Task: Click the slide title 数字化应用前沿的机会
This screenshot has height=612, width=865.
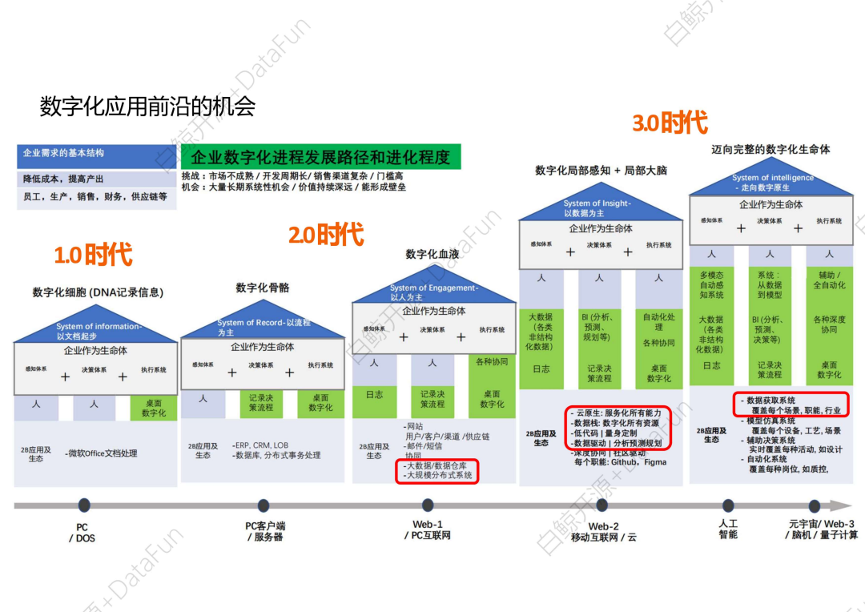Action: click(147, 107)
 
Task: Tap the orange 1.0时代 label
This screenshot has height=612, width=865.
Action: click(93, 255)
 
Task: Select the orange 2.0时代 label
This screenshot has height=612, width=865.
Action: click(326, 236)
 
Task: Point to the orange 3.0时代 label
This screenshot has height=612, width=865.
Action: click(670, 123)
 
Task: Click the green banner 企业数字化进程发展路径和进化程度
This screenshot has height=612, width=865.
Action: click(320, 157)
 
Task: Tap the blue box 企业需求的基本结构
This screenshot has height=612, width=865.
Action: click(97, 155)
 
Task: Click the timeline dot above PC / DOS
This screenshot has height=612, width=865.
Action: click(84, 505)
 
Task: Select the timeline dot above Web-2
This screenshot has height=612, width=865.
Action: click(602, 505)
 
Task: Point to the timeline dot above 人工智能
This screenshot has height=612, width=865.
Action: click(728, 505)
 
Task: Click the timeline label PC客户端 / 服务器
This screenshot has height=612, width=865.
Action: click(264, 531)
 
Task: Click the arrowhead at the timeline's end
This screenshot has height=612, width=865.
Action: click(841, 505)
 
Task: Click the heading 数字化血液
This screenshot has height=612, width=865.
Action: click(432, 255)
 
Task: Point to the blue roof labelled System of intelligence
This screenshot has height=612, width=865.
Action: click(771, 183)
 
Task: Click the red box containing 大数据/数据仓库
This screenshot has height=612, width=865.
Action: click(437, 470)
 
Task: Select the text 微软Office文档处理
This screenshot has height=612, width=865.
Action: click(103, 453)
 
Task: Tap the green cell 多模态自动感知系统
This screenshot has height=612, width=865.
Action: click(711, 284)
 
